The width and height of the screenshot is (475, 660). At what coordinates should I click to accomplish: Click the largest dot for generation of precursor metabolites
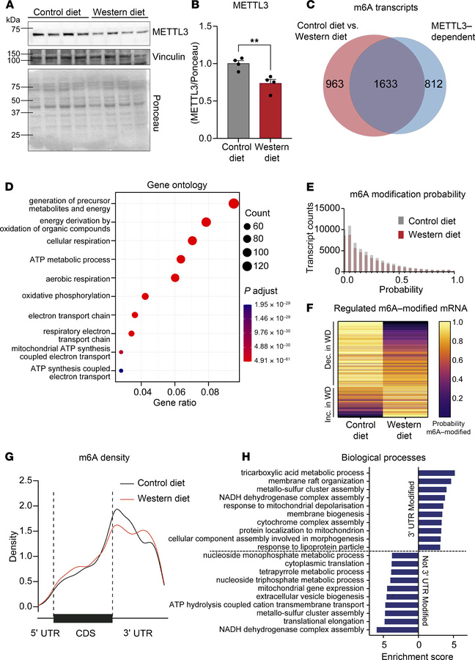tap(234, 204)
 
